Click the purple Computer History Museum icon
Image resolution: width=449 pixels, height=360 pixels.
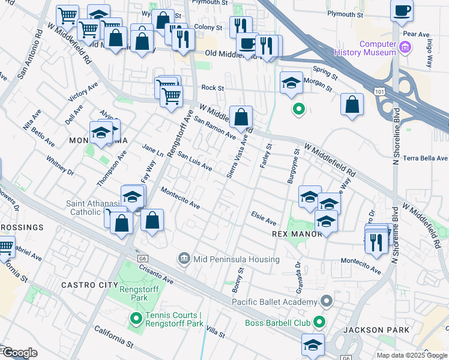[x=405, y=47]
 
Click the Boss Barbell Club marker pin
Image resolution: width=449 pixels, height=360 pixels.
[x=319, y=323]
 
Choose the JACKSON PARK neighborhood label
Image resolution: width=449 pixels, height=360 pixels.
[x=376, y=330]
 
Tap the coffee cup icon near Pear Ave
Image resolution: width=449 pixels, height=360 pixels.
[x=402, y=11]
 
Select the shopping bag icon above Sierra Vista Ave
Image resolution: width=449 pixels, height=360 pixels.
[x=241, y=117]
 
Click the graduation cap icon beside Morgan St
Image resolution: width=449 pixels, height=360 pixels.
[x=291, y=83]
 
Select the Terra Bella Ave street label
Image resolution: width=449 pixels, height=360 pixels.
[x=425, y=158]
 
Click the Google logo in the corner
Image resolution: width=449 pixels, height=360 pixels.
[x=19, y=353]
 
